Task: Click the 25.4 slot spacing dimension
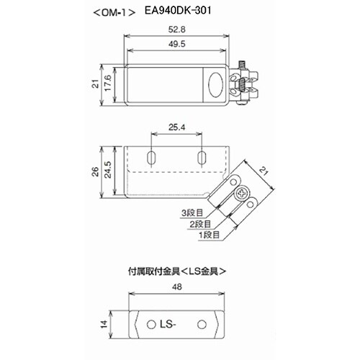click(x=176, y=127)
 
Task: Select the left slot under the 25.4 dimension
click(x=152, y=157)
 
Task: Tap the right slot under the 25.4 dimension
click(x=202, y=157)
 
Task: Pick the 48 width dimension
click(x=176, y=287)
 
